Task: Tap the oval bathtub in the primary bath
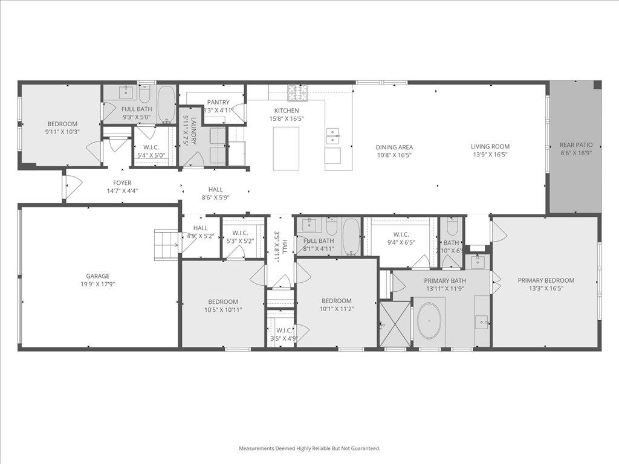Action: pos(430,320)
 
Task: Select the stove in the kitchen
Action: pos(297,92)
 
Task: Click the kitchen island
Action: pos(287,148)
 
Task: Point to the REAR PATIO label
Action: pos(575,145)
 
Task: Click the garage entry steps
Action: pos(166,245)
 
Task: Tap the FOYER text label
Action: pos(122,183)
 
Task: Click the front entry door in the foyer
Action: pos(72,187)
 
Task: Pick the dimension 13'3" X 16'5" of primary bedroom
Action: pos(546,288)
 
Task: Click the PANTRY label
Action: pos(218,102)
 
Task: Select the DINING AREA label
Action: pos(394,147)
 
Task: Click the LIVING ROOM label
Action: pos(490,146)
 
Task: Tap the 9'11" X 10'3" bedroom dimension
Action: pos(63,132)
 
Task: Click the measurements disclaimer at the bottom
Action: pos(309,448)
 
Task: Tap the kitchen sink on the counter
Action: pos(332,134)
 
